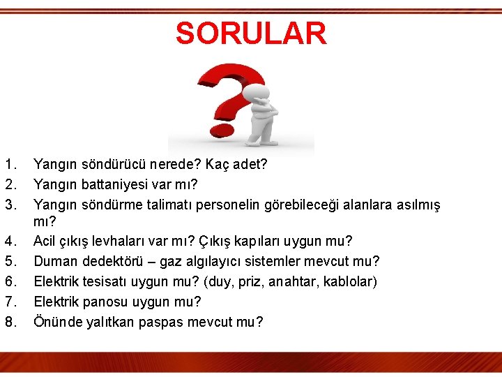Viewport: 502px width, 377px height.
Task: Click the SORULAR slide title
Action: click(x=250, y=34)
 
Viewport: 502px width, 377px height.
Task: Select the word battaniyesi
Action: click(x=114, y=185)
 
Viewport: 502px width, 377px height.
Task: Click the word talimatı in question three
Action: click(x=182, y=205)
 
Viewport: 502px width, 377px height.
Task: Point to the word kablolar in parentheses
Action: click(x=349, y=281)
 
